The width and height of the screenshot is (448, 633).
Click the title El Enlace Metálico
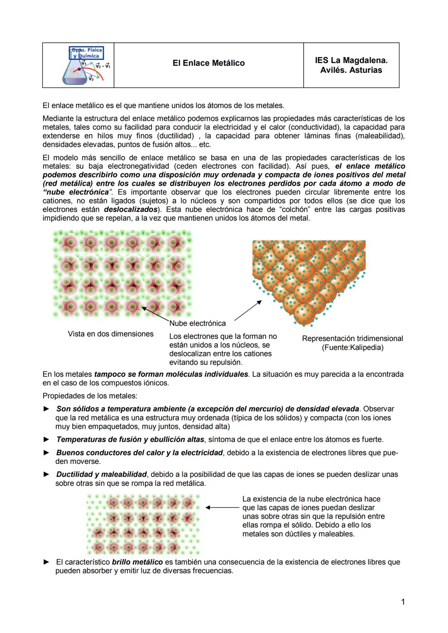coord(208,63)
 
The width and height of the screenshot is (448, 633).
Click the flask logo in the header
coord(86,65)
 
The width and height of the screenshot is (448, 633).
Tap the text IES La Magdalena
coord(351,60)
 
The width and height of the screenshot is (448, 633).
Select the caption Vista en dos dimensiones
coord(110,334)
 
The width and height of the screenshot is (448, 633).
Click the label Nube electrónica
coord(197,323)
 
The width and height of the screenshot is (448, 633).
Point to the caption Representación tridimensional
coord(352,338)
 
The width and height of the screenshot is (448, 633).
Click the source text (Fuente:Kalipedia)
coord(352,347)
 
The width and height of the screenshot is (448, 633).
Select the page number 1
coord(402,601)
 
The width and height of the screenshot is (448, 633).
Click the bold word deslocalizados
coord(130,209)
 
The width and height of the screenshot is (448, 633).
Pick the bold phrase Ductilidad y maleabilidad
coord(102,474)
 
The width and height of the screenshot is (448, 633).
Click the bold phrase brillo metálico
coord(137,562)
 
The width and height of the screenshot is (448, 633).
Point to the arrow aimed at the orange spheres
coord(248,310)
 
